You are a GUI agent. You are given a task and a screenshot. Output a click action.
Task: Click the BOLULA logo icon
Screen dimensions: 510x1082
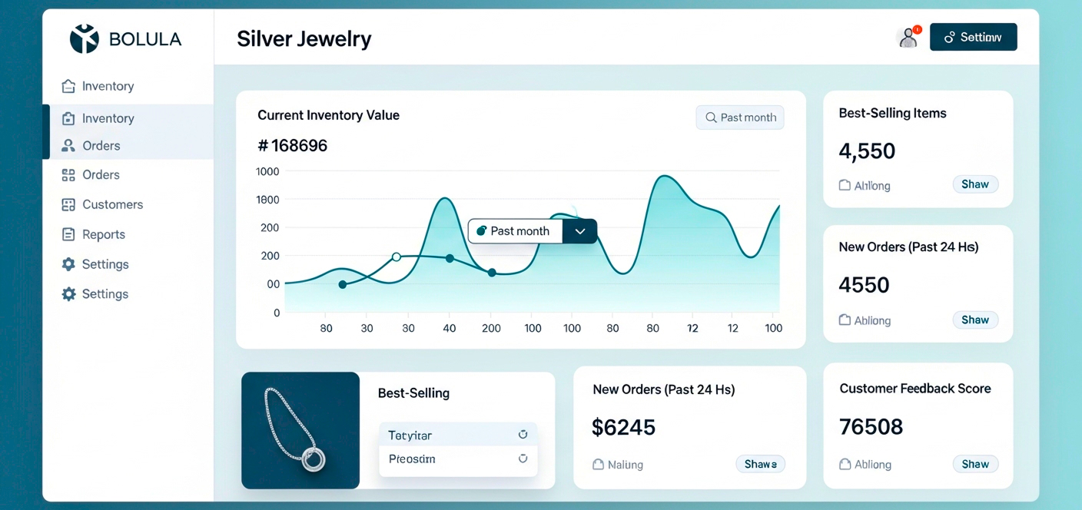point(85,38)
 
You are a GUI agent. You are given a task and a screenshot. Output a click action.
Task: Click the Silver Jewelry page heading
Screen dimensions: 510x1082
point(304,38)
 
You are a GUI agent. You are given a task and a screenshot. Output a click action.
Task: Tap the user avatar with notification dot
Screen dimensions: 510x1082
point(908,37)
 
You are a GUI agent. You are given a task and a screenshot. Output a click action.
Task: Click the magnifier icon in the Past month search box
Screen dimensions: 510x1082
point(711,118)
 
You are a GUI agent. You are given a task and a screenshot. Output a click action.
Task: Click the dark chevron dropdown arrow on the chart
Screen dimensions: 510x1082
point(580,231)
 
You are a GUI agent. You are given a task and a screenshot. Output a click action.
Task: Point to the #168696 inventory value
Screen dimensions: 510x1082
point(293,145)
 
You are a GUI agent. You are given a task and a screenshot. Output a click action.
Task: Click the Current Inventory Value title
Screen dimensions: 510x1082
point(328,115)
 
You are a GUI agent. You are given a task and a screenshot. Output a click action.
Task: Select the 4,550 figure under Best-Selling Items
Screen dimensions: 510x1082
point(867,151)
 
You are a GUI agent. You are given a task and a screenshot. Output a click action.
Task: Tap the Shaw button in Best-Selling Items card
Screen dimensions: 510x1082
point(975,184)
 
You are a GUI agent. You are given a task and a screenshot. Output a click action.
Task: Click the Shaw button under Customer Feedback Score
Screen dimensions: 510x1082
point(975,464)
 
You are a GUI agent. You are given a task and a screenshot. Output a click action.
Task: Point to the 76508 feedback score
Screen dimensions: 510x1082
point(871,426)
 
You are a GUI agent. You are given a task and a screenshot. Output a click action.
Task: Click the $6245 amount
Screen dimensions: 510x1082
point(623,427)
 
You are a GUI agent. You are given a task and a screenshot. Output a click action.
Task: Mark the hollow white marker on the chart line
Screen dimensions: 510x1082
point(397,257)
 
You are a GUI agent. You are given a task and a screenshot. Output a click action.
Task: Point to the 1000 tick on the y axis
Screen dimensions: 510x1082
point(267,171)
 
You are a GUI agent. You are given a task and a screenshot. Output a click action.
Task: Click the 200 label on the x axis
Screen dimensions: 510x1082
point(491,328)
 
